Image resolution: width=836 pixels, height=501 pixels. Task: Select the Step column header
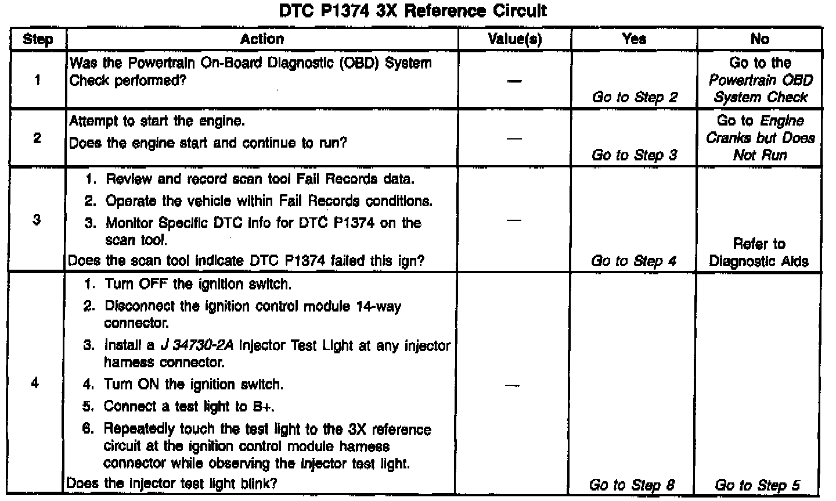(38, 40)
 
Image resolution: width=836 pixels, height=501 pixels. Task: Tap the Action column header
(262, 39)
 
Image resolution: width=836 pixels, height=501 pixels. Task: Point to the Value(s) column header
(514, 39)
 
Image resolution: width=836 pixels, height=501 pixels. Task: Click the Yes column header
(634, 39)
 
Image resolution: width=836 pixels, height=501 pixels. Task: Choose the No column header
(759, 39)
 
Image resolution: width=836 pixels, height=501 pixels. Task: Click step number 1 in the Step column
(37, 80)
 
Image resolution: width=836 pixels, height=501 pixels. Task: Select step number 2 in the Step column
(37, 139)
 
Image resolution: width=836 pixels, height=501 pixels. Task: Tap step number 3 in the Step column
(37, 220)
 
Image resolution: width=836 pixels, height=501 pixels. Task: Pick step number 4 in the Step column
(36, 384)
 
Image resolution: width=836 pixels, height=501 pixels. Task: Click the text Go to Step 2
(635, 98)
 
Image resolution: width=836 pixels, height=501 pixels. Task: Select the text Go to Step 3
(635, 156)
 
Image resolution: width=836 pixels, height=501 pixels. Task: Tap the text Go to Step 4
(634, 261)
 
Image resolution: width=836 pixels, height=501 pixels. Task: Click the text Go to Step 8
(632, 485)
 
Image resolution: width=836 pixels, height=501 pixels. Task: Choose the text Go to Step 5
(758, 485)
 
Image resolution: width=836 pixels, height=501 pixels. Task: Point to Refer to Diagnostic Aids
(759, 253)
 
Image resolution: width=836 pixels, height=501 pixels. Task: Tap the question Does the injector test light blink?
(172, 483)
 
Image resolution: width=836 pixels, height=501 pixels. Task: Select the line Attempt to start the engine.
(157, 121)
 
